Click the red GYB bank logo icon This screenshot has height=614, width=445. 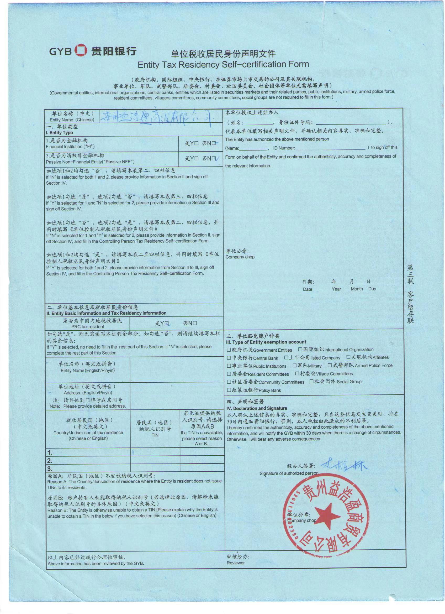(81, 51)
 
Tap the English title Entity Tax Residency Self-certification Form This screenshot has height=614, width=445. (223, 65)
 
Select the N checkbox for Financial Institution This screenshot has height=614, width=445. (214, 143)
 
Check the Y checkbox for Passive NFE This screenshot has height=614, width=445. (197, 158)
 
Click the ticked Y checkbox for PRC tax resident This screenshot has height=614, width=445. (167, 323)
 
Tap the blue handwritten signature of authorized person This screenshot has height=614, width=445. (343, 465)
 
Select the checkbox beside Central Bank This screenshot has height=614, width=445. (229, 358)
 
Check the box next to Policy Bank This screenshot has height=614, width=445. (229, 390)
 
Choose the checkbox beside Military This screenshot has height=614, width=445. (295, 366)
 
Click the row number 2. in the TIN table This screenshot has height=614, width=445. (50, 461)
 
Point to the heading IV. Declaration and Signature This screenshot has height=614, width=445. (256, 408)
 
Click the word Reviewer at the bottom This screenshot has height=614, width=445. (235, 563)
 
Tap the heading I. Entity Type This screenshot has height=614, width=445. (59, 133)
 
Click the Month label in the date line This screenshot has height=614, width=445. (357, 289)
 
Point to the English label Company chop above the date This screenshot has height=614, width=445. (240, 257)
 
